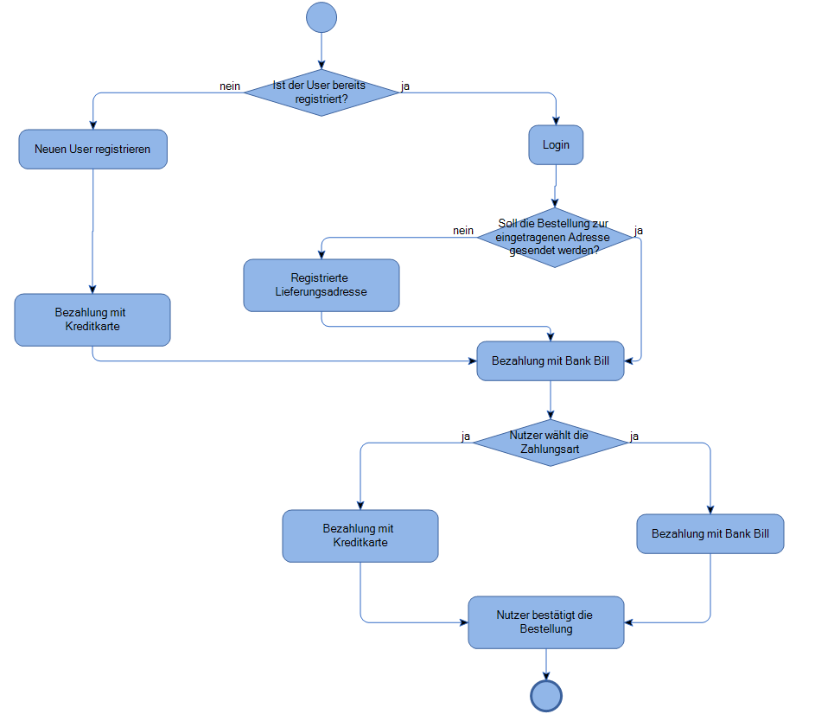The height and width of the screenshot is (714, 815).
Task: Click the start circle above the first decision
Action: coord(321,17)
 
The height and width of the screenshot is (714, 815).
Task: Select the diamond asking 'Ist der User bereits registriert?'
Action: coord(321,92)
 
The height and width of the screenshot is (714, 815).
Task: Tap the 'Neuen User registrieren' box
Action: coord(92,150)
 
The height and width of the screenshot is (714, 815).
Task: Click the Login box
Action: coord(556,145)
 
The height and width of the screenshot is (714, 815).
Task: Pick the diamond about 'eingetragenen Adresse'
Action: coord(554,237)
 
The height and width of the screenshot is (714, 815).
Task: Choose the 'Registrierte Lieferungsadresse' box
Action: coord(322,285)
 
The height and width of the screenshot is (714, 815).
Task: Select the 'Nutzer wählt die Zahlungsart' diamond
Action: coord(550,443)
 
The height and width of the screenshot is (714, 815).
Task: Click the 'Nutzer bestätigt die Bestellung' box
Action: coord(545,622)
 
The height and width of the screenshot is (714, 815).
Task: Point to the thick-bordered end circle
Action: coord(546,695)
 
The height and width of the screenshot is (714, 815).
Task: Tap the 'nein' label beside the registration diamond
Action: coord(229,86)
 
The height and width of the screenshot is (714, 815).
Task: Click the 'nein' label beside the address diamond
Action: coord(463,231)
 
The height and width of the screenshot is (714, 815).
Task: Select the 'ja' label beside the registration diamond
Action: coord(406,86)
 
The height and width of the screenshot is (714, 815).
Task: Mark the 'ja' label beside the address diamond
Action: coord(639,231)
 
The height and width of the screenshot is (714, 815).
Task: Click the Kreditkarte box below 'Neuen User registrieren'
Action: coord(92,320)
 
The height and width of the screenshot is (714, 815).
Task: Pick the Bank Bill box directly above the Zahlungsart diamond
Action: coord(550,360)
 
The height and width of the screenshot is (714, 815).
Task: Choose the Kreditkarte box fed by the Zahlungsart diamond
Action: coord(360,536)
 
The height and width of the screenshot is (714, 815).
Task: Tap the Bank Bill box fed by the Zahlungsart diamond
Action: coord(710,534)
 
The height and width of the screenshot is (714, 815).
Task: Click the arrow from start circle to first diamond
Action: coord(321,50)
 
